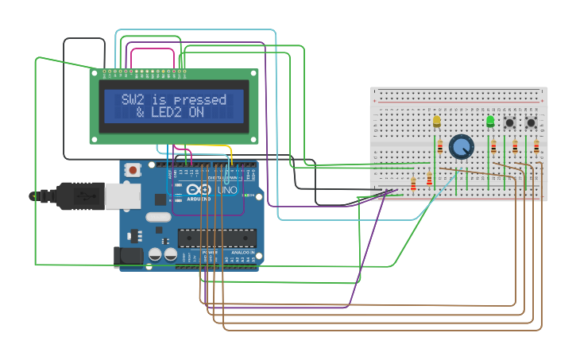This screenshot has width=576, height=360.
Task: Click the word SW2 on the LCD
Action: click(133, 100)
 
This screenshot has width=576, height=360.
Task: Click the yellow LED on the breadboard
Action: click(436, 122)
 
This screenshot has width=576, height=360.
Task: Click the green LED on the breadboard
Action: click(489, 121)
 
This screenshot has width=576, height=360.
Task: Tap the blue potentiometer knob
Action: click(460, 146)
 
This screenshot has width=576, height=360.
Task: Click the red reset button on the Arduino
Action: click(133, 169)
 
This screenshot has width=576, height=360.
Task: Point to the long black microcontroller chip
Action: click(217, 238)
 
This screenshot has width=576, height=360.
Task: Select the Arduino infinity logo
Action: click(192, 191)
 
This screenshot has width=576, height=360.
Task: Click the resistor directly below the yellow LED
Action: click(440, 147)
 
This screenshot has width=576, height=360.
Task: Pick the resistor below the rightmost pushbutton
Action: click(536, 146)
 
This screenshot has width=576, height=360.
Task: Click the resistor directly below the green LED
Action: click(493, 147)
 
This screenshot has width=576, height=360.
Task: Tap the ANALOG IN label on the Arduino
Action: click(238, 252)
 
